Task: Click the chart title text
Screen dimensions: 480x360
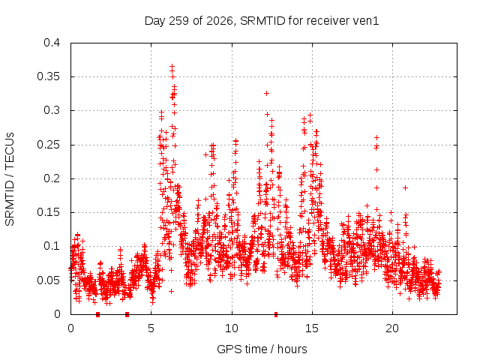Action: pos(262,21)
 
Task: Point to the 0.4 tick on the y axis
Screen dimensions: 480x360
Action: pos(52,43)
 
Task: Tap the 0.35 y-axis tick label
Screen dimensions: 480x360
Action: pos(48,76)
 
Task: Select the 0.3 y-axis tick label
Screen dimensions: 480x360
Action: pos(52,110)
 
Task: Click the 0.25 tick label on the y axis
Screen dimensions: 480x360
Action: pos(48,145)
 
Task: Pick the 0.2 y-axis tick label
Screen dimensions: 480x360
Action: pos(52,178)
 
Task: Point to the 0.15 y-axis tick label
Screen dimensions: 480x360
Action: pos(48,212)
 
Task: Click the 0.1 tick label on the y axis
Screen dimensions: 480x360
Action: pos(52,246)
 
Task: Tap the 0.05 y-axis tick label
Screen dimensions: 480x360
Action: pos(48,280)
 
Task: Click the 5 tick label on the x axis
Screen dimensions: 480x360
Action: pos(151,328)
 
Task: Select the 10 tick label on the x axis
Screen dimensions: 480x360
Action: pos(232,328)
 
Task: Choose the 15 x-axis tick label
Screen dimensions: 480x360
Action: pos(312,328)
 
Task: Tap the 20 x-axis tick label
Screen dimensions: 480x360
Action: pos(392,328)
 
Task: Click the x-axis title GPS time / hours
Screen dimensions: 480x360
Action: pos(262,349)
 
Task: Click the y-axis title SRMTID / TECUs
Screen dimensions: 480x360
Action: pos(10,179)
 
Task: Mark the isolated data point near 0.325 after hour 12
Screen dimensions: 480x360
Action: pos(267,93)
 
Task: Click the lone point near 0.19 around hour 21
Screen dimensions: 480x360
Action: pos(405,187)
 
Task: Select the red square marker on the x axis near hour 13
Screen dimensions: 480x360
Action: pos(276,314)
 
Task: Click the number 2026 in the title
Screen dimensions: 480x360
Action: pos(220,21)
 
